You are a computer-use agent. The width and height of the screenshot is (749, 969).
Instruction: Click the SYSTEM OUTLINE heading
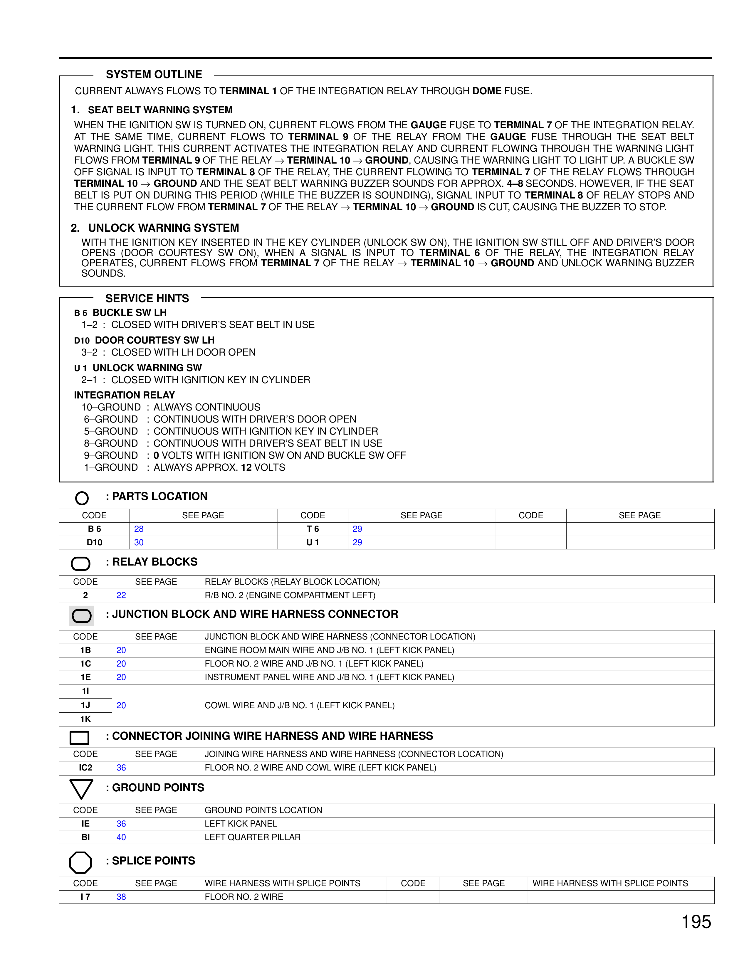[x=154, y=75]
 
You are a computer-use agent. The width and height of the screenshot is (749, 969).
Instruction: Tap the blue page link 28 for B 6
[x=139, y=529]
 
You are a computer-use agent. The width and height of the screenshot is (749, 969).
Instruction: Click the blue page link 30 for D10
[x=139, y=542]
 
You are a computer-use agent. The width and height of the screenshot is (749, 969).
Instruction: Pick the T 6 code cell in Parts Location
[x=313, y=529]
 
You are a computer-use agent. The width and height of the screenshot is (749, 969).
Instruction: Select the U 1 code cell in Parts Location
[x=313, y=542]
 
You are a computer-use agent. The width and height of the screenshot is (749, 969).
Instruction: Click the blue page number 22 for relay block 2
[x=121, y=595]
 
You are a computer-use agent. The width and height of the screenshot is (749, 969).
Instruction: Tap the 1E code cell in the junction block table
[x=86, y=677]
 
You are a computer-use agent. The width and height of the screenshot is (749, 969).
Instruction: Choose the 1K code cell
[x=86, y=719]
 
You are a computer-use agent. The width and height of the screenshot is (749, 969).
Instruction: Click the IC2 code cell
[x=86, y=768]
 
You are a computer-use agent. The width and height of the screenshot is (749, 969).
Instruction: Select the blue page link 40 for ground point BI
[x=121, y=837]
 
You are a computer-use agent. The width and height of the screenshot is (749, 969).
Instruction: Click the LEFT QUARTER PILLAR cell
[x=253, y=837]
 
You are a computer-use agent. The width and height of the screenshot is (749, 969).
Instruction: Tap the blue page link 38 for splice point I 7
[x=121, y=897]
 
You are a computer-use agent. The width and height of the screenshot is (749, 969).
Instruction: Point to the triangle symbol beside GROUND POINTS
[x=81, y=789]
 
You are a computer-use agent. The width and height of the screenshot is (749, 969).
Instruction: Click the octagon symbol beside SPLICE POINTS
[x=80, y=862]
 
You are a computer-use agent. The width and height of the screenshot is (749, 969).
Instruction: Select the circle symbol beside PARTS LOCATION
[x=82, y=498]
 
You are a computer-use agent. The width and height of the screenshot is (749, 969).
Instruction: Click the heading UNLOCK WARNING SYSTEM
[x=163, y=228]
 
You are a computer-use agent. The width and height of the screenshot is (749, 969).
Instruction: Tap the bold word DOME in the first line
[x=487, y=91]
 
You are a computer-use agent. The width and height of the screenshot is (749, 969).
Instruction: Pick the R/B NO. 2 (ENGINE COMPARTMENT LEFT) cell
[x=290, y=595]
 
